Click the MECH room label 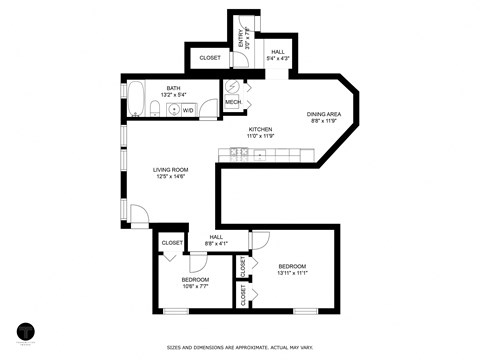click(x=232, y=102)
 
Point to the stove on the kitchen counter click(x=240, y=152)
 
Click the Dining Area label click(x=324, y=114)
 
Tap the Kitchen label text click(x=260, y=129)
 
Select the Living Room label click(x=170, y=169)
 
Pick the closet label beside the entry click(x=209, y=58)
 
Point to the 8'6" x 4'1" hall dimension click(x=216, y=243)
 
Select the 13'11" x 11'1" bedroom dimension click(x=292, y=272)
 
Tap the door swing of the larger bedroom click(x=260, y=239)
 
